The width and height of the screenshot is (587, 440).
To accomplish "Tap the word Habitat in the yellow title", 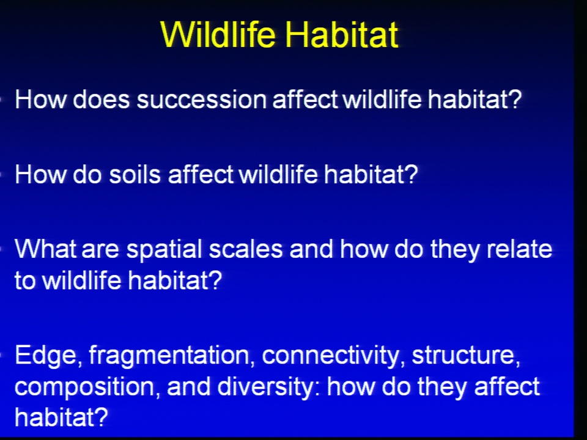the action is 342,34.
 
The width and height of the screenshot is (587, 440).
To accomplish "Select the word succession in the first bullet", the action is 201,100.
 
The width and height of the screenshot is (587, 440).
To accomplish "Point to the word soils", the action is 135,175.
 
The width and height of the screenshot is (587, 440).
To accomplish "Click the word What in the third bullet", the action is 45,249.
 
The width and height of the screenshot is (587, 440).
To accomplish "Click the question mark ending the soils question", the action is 411,175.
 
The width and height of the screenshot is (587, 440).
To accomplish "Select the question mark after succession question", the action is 515,100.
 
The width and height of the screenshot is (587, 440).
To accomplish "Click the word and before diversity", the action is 189,386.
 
